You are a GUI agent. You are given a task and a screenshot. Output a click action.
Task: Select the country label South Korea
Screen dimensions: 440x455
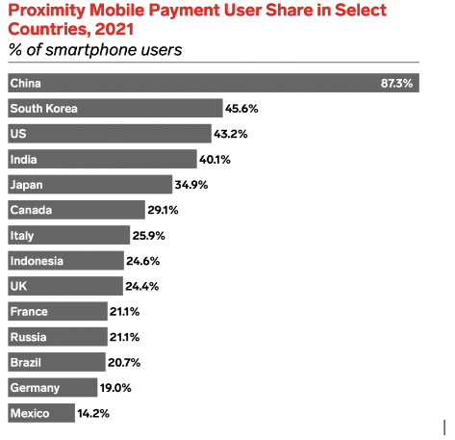[42, 109]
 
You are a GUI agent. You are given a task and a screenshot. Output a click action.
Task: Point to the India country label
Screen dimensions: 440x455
[24, 159]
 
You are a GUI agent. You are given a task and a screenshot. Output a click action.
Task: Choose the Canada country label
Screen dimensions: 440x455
[31, 210]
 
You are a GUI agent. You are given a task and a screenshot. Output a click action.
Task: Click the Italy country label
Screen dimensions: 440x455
[21, 235]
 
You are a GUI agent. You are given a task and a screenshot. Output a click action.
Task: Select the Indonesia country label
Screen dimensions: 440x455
[37, 261]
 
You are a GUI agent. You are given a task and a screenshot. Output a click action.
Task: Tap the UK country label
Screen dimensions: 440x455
[17, 286]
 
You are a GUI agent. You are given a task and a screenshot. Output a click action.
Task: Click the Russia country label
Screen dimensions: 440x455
[28, 337]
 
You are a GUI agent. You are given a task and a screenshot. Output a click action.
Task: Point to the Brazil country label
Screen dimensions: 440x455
[26, 362]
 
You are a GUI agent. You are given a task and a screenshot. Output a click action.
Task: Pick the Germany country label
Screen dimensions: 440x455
[35, 388]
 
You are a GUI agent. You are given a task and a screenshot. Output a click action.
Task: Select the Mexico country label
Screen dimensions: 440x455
[30, 413]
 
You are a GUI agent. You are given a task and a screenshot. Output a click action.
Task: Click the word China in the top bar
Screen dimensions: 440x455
[25, 84]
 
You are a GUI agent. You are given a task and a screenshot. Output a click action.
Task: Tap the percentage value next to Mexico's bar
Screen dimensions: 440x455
[93, 413]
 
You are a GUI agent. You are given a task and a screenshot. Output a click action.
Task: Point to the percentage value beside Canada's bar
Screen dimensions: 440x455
[163, 210]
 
